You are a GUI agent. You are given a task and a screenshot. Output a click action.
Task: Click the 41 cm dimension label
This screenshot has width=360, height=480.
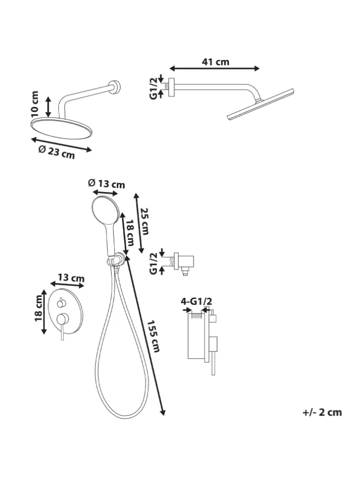(x=215, y=62)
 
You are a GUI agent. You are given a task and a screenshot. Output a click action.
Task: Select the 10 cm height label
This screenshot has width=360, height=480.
(x=35, y=103)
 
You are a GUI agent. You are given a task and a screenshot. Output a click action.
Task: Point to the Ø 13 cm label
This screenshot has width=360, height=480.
(x=106, y=183)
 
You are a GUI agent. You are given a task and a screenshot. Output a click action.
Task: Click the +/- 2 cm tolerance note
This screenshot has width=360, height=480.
(x=322, y=412)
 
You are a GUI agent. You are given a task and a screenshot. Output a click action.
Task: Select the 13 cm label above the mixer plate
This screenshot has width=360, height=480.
(x=71, y=278)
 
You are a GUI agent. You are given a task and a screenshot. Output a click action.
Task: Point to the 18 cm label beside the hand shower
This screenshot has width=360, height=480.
(x=130, y=234)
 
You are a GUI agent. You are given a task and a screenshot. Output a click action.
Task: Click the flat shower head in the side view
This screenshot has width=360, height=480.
(x=261, y=104)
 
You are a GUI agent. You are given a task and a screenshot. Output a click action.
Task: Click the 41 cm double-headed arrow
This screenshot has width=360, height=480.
(x=214, y=68)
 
